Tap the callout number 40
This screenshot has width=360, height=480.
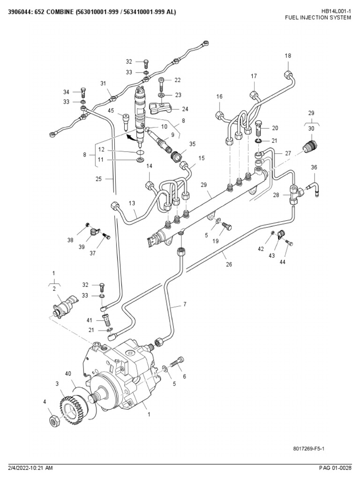[x=68, y=374]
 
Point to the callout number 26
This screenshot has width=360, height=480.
[x=228, y=264]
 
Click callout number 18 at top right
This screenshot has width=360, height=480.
[x=288, y=56]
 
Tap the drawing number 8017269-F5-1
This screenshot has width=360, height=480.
[x=309, y=449]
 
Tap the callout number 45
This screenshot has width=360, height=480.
[x=111, y=111]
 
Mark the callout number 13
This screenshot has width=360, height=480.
[x=132, y=203]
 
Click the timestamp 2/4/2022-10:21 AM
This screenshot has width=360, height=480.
[x=30, y=468]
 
